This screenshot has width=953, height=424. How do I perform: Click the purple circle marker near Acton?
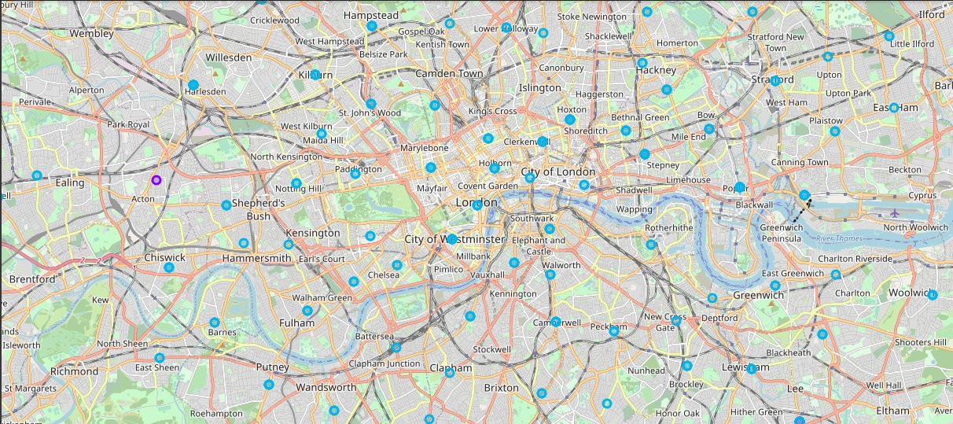coord(156,180)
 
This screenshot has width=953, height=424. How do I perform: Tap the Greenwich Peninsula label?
coord(781,232)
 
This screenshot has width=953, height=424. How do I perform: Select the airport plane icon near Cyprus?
coord(895,212)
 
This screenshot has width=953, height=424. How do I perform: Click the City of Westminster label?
coord(454,238)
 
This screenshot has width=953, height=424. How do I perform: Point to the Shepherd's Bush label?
coord(258,209)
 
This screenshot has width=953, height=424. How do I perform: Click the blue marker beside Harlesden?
coord(193,84)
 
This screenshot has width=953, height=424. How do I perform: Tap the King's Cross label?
coord(492,111)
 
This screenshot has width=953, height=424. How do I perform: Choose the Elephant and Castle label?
coord(539,245)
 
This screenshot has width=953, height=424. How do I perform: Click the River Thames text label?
coord(837,238)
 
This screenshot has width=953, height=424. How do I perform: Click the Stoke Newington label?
coord(591,17)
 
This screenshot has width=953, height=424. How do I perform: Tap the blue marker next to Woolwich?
coord(933,295)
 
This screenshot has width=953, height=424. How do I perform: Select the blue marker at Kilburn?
coord(315,75)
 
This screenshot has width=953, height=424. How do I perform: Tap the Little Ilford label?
coord(911,44)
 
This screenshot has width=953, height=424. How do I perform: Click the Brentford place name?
coord(32,278)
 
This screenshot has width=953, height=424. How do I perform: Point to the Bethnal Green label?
coord(640,117)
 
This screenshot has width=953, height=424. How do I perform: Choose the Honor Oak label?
coord(677,413)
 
